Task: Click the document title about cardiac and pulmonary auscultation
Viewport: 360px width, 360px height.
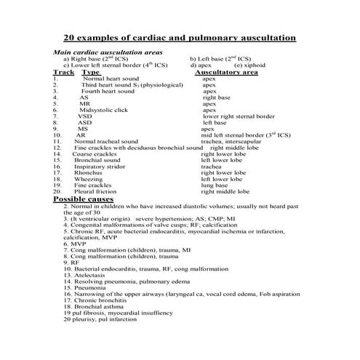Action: click(180, 36)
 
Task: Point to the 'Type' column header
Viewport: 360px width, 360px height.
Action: click(91, 72)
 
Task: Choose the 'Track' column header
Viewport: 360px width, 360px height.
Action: click(64, 72)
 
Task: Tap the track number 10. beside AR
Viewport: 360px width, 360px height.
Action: click(57, 135)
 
